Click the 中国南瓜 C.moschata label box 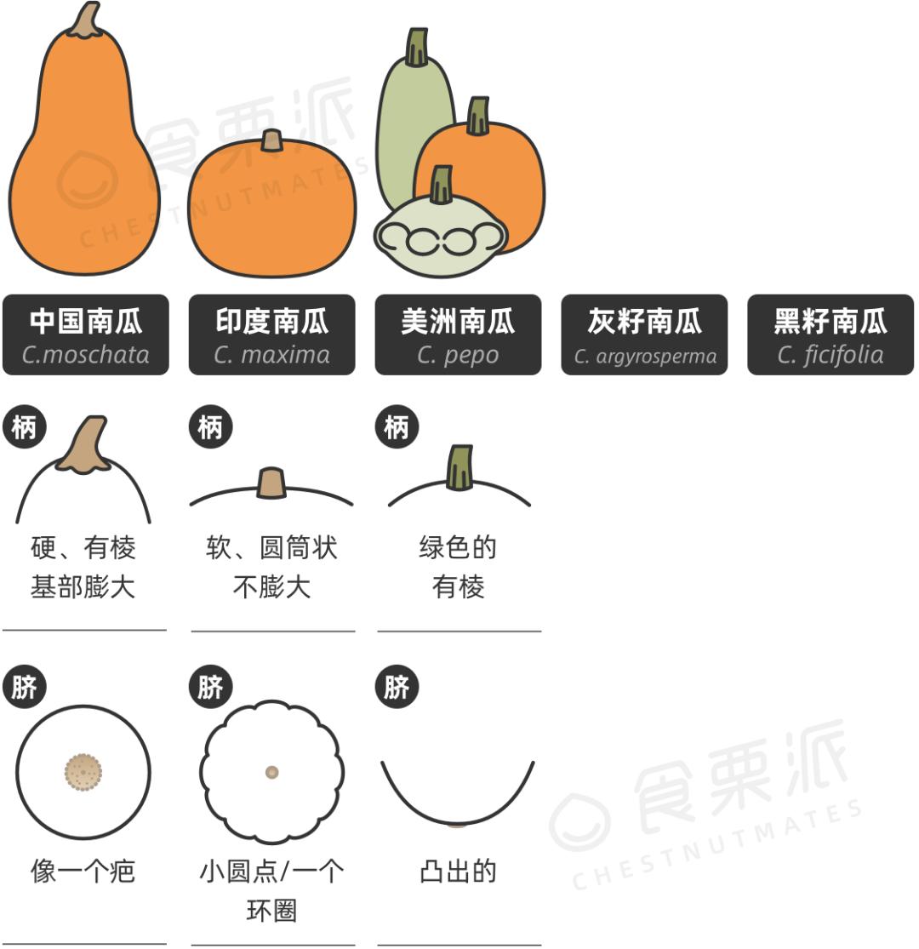(85, 334)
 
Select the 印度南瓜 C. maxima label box (271, 334)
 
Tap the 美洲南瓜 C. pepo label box (458, 334)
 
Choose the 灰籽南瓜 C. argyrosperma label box (644, 334)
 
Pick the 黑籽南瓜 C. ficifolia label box (831, 334)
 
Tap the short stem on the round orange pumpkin (271, 140)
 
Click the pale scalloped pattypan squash (441, 236)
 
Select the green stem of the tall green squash (417, 47)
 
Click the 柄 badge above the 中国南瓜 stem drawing (24, 427)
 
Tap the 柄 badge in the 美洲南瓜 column (397, 427)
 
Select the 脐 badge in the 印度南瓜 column (210, 686)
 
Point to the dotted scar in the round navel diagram (83, 772)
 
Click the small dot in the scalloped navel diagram (271, 772)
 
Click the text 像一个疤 (83, 872)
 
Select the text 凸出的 (458, 872)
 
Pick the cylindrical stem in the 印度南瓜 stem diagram (271, 483)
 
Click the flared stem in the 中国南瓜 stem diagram (86, 444)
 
